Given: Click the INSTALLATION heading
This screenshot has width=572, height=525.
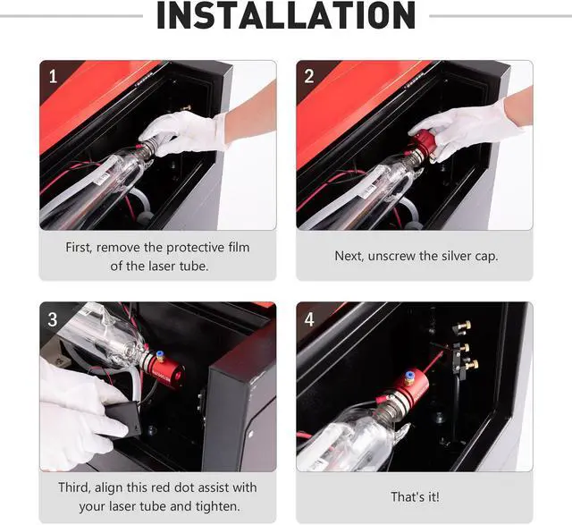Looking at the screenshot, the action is coord(286,15).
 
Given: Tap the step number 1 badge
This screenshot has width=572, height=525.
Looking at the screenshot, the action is coord(54,77).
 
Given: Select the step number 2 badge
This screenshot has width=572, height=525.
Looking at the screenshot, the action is coord(309,76).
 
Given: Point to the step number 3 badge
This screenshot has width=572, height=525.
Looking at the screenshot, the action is coord(53,319).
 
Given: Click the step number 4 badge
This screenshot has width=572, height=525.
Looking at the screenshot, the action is coord(309,319).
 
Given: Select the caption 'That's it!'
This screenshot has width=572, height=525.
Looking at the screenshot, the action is coord(415,497).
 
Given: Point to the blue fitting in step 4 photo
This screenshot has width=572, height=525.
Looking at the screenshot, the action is coord(408,377).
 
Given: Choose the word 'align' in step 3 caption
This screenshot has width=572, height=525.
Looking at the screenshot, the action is coord(108,487).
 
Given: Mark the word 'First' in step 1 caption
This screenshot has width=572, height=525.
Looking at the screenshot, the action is coord(78,248).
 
